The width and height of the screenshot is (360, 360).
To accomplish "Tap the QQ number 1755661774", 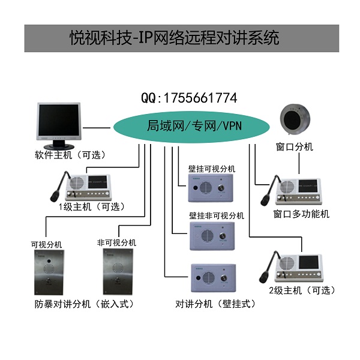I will (x=189, y=98).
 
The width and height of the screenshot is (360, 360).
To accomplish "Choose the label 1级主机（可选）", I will (x=91, y=207).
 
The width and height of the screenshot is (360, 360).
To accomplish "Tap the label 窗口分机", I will (x=294, y=146).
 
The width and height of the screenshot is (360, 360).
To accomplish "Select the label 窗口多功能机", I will (x=301, y=214).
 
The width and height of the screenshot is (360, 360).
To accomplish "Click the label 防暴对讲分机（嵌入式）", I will (x=83, y=304).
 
